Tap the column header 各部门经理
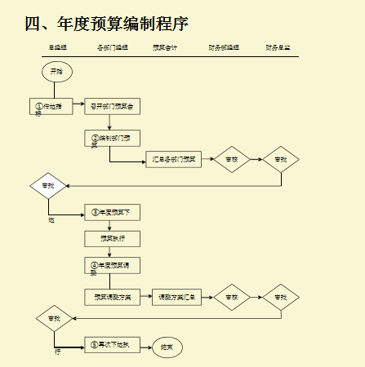[x=113, y=48]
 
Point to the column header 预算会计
[x=165, y=48]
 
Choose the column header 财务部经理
[x=224, y=48]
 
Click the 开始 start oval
[x=56, y=72]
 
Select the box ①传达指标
[x=50, y=106]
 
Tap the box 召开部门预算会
[x=112, y=106]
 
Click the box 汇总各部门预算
[x=173, y=159]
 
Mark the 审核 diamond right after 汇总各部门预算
[x=232, y=159]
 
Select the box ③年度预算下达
[x=112, y=213]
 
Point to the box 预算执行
[x=112, y=238]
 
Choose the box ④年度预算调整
[x=112, y=265]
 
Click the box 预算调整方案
[x=112, y=297]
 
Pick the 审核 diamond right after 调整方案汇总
[x=232, y=297]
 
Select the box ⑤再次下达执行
[x=112, y=345]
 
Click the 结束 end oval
[x=167, y=347]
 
